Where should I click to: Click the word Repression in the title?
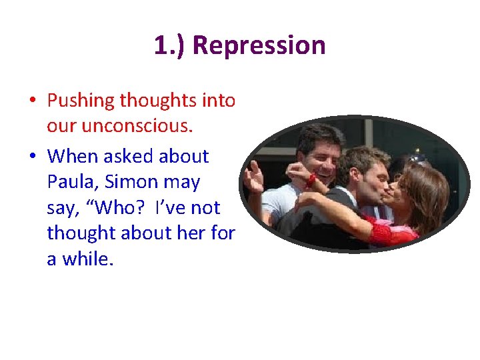click(259, 46)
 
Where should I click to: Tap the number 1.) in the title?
click(169, 46)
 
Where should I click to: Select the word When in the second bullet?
click(71, 156)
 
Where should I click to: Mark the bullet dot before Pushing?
click(32, 101)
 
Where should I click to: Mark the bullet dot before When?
click(32, 157)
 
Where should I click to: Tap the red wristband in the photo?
click(311, 180)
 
